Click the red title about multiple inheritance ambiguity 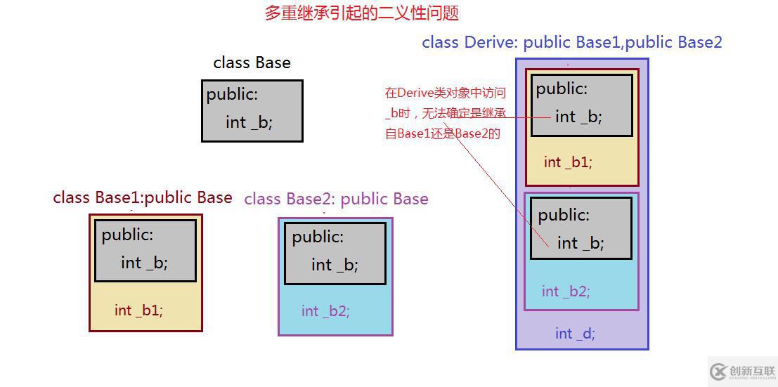[x=362, y=13]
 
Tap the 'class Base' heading [x=252, y=63]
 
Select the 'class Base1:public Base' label [x=143, y=197]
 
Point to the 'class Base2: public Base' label [x=336, y=199]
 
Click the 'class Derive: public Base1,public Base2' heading [x=571, y=42]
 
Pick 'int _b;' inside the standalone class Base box [x=249, y=122]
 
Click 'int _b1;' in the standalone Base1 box [x=138, y=310]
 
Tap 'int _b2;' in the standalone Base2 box [x=325, y=310]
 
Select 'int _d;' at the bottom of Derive [x=575, y=334]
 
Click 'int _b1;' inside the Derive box [x=568, y=162]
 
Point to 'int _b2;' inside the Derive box [x=566, y=291]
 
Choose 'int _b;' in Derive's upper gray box [x=578, y=117]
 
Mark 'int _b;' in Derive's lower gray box [x=581, y=243]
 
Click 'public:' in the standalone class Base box [x=232, y=94]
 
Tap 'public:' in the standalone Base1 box [x=127, y=235]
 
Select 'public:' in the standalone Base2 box [x=318, y=237]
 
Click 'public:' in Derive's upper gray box [x=562, y=88]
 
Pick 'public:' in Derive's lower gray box [x=564, y=215]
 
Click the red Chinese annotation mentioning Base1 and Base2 [x=445, y=112]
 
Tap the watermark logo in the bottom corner [x=742, y=372]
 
